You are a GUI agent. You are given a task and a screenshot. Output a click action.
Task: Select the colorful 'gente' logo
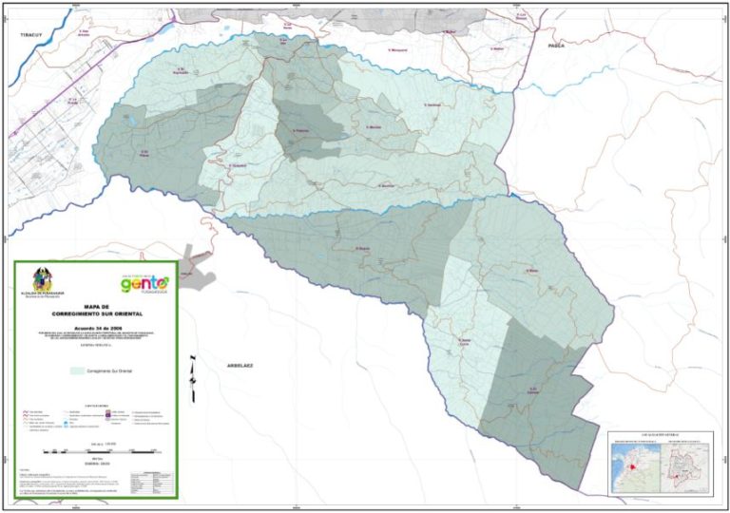coord(144,283)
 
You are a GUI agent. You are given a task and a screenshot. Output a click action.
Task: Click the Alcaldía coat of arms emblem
coord(41,279)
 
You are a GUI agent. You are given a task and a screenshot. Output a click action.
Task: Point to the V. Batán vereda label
coord(533,270)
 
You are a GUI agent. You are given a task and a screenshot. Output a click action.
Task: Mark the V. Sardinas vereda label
coord(433,104)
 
